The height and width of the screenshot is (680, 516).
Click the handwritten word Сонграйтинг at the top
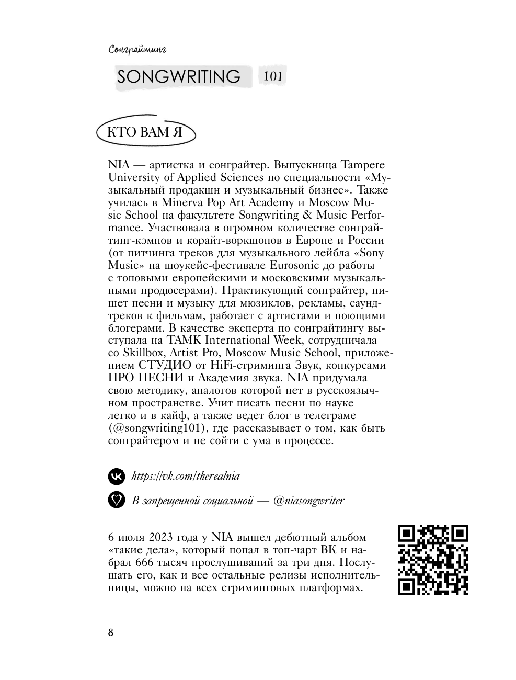coord(138,50)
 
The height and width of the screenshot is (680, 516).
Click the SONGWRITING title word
coord(179,76)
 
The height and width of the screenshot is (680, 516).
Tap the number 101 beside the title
coord(273,76)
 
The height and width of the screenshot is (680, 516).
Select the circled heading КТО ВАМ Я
coord(145,132)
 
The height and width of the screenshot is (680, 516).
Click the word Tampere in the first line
coord(363,165)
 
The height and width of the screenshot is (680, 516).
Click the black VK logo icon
coord(117,476)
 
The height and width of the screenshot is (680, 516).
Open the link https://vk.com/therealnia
coord(186,476)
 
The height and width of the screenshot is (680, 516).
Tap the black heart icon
coord(117,500)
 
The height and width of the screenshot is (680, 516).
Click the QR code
coord(433,560)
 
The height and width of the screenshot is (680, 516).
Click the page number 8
coord(110,632)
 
